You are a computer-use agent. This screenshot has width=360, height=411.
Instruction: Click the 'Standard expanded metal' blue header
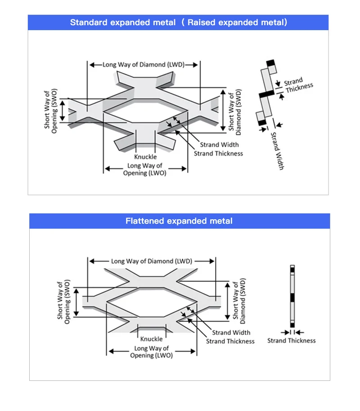coord(178,23)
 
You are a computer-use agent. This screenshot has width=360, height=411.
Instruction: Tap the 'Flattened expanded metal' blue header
coord(179,221)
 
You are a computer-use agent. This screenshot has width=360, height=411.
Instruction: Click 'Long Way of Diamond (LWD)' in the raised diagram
coord(143,65)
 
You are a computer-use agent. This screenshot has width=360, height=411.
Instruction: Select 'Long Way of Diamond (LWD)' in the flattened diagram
coord(152,261)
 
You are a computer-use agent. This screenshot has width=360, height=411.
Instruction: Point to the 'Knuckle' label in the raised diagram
coord(145,157)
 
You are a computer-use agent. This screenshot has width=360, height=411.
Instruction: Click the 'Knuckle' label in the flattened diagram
coord(151,339)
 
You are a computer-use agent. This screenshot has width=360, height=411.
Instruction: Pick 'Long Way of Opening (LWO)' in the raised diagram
coord(144,169)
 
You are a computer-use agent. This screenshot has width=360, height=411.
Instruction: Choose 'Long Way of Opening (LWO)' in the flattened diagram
coord(151,352)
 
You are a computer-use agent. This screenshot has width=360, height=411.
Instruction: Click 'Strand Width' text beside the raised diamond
coord(219,145)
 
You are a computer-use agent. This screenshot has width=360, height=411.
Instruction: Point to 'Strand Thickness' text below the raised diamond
coord(218,154)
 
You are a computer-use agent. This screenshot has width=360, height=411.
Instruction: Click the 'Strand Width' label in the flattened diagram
coord(231,333)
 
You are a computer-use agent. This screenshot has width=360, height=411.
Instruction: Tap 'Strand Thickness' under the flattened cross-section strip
coord(292,341)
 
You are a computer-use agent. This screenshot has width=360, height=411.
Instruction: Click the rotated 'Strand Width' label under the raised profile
coord(277,150)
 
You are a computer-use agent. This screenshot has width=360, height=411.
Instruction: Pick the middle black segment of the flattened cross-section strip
coord(292,298)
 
